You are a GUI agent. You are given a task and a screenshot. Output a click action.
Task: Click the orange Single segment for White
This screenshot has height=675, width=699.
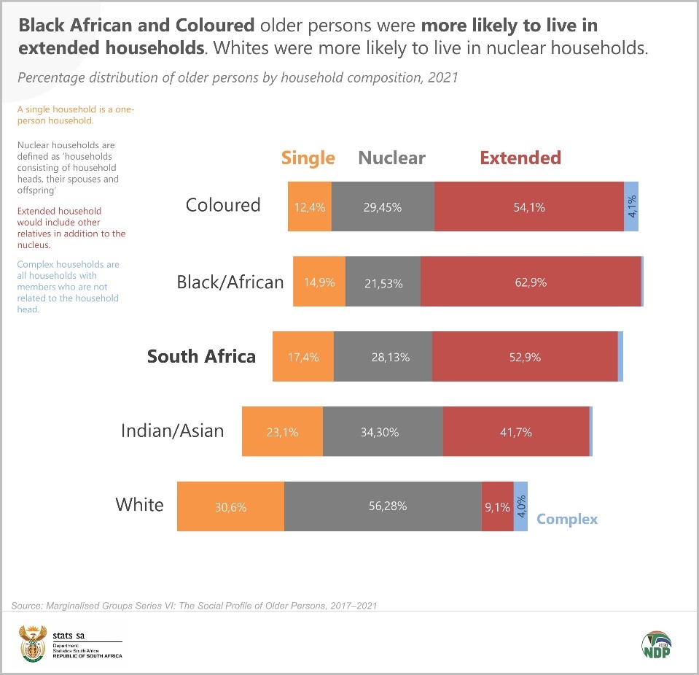230,506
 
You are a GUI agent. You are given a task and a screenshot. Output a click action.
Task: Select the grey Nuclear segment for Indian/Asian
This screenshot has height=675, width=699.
383,432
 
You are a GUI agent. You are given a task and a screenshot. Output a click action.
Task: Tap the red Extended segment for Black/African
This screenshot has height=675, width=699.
530,282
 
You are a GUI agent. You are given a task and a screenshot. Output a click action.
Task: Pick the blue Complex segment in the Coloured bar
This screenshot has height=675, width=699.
631,207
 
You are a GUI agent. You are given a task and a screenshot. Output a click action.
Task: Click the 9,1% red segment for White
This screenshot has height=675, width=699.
497,506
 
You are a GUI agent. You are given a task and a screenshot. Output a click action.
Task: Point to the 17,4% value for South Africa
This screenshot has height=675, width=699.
303,358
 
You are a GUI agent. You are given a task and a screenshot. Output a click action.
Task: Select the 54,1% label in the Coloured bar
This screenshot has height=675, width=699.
529,207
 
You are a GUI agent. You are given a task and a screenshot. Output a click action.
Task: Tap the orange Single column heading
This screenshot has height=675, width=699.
308,158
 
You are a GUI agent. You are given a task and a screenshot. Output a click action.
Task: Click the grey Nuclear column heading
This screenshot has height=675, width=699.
391,158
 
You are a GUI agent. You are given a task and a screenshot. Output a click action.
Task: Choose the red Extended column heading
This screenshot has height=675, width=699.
520,158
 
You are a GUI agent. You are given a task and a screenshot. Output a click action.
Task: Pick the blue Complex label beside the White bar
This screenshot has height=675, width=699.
567,519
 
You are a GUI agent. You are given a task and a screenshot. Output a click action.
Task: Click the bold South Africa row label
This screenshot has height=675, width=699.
201,356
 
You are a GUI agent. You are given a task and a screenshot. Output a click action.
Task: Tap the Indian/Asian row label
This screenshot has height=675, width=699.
172,431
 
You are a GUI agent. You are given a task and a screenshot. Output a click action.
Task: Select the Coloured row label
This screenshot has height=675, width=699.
223,205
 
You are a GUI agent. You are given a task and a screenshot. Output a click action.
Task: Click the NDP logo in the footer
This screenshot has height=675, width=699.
656,645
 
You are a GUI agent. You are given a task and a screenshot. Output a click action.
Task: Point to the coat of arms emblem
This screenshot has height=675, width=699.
31,642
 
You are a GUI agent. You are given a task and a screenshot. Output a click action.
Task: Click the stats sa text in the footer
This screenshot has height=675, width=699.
69,635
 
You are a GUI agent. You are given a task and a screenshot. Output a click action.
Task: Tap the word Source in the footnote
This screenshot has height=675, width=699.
26,606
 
